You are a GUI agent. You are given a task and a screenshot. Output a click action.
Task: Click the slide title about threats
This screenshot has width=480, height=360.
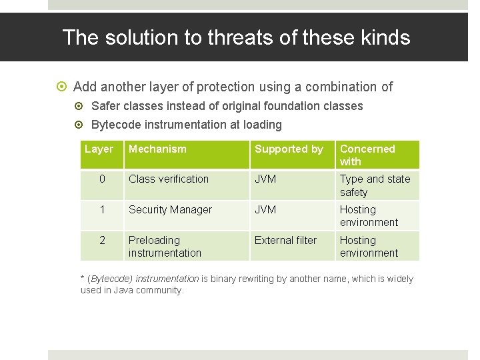(x=236, y=37)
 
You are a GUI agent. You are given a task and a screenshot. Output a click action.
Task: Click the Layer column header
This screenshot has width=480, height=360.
(x=99, y=149)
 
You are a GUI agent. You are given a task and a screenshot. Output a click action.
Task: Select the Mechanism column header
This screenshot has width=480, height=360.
(x=157, y=149)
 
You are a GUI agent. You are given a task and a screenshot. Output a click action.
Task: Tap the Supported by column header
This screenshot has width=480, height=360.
(x=289, y=149)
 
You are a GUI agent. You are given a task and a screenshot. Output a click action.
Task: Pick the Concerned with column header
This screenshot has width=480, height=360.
(x=367, y=155)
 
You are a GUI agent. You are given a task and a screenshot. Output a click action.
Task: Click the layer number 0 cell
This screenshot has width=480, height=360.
(x=102, y=179)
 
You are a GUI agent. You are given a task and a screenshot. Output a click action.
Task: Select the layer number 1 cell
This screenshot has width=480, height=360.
(x=102, y=210)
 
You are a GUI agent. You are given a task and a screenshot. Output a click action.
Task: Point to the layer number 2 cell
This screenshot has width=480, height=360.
(x=102, y=241)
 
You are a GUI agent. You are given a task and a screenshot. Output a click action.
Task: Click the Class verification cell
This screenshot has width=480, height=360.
(x=169, y=179)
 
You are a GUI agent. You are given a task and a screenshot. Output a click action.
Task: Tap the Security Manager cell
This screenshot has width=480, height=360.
(x=170, y=210)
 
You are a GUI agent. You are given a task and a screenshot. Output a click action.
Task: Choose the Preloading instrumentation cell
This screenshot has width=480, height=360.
(x=165, y=247)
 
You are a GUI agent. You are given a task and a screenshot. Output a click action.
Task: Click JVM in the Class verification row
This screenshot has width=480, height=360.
(x=265, y=179)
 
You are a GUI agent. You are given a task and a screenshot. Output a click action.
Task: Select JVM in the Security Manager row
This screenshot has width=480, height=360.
(x=265, y=210)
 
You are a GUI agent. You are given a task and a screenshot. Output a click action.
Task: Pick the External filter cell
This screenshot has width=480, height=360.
(x=285, y=241)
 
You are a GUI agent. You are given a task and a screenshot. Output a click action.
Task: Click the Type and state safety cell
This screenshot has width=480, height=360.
(x=375, y=185)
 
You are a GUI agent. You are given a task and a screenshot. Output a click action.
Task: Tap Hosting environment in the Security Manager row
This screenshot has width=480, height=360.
(x=369, y=216)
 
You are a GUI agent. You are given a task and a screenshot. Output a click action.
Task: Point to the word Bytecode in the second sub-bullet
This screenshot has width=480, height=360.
(x=114, y=125)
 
